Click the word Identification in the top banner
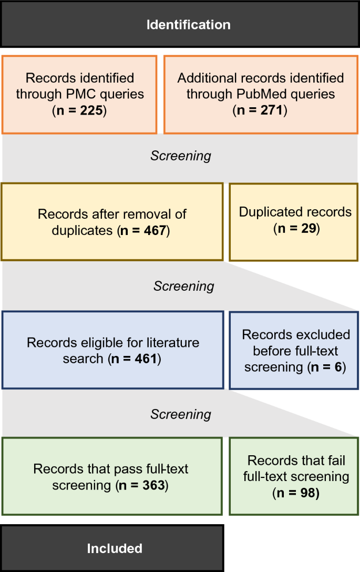[x=188, y=25]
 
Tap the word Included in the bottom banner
[x=115, y=548]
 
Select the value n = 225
[x=79, y=111]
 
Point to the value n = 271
[x=260, y=111]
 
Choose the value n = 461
[x=135, y=360]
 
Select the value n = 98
[x=296, y=494]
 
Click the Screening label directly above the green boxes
[x=181, y=414]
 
